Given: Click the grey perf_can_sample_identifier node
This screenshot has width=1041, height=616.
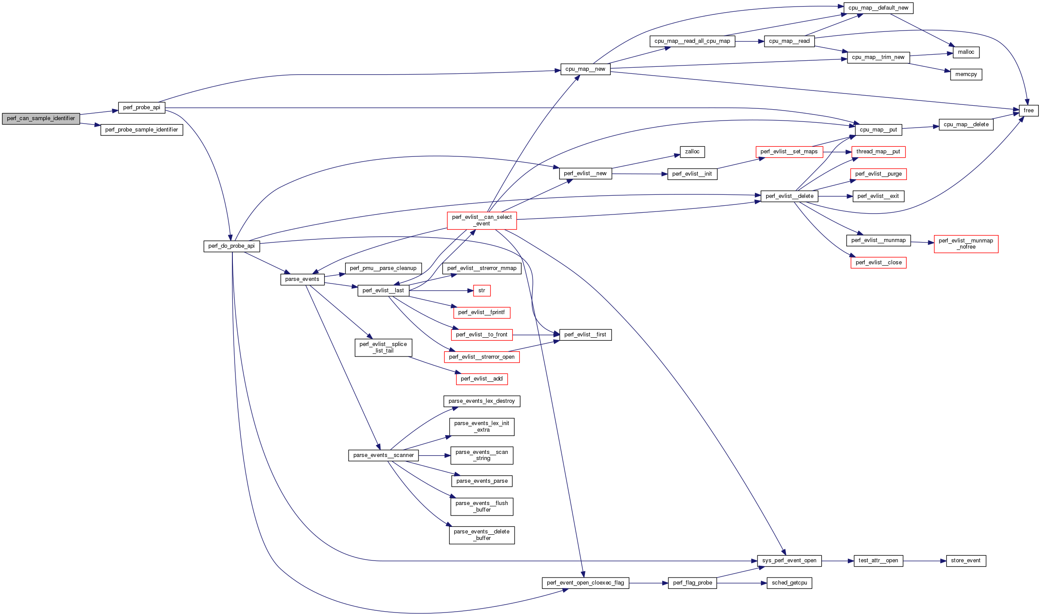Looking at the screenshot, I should pyautogui.click(x=41, y=118).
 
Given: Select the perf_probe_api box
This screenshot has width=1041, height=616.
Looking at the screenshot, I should pyautogui.click(x=142, y=107).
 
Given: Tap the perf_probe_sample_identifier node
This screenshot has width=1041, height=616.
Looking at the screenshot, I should pyautogui.click(x=142, y=130).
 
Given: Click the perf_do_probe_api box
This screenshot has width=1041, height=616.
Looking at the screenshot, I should pyautogui.click(x=232, y=246).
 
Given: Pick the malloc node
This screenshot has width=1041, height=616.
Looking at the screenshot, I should pyautogui.click(x=966, y=52).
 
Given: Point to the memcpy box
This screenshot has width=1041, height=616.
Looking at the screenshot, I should pyautogui.click(x=966, y=74).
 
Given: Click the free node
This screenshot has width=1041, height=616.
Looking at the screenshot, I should pyautogui.click(x=1028, y=111).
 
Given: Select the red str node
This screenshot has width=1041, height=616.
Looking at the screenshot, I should pyautogui.click(x=481, y=291).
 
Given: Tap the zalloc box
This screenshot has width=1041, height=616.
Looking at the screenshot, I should pyautogui.click(x=692, y=152).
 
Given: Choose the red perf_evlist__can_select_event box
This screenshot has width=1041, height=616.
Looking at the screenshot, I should pyautogui.click(x=482, y=220).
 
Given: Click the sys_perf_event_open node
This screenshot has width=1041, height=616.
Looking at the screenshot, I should pyautogui.click(x=789, y=561).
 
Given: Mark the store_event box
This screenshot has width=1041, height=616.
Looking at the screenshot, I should pyautogui.click(x=965, y=561).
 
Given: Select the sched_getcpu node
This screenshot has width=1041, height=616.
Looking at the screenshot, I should pyautogui.click(x=789, y=583).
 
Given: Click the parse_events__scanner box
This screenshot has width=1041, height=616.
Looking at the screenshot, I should pyautogui.click(x=383, y=455).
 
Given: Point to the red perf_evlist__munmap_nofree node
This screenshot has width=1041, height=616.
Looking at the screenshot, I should pyautogui.click(x=966, y=244).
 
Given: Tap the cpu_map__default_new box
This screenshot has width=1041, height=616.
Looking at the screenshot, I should pyautogui.click(x=878, y=8).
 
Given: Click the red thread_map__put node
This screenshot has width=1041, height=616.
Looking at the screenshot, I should pyautogui.click(x=878, y=152).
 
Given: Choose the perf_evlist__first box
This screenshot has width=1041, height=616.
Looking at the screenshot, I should pyautogui.click(x=585, y=335).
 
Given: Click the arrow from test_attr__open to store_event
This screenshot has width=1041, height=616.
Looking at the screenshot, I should pyautogui.click(x=924, y=561).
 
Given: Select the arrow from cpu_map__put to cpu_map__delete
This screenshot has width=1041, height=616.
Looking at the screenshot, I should pyautogui.click(x=920, y=127).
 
